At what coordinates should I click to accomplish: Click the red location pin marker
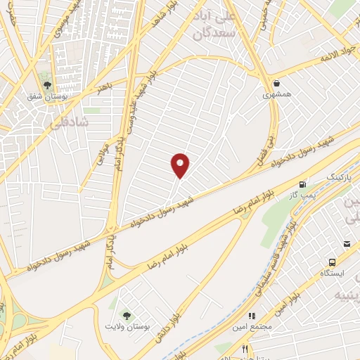coord(181,165)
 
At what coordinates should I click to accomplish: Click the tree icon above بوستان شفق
coord(47,85)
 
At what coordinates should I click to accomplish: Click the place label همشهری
coord(276,93)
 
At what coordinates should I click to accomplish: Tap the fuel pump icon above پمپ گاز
coord(304,183)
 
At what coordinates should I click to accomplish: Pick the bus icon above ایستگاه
coord(346,243)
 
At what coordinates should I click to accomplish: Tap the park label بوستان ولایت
coord(127,328)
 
